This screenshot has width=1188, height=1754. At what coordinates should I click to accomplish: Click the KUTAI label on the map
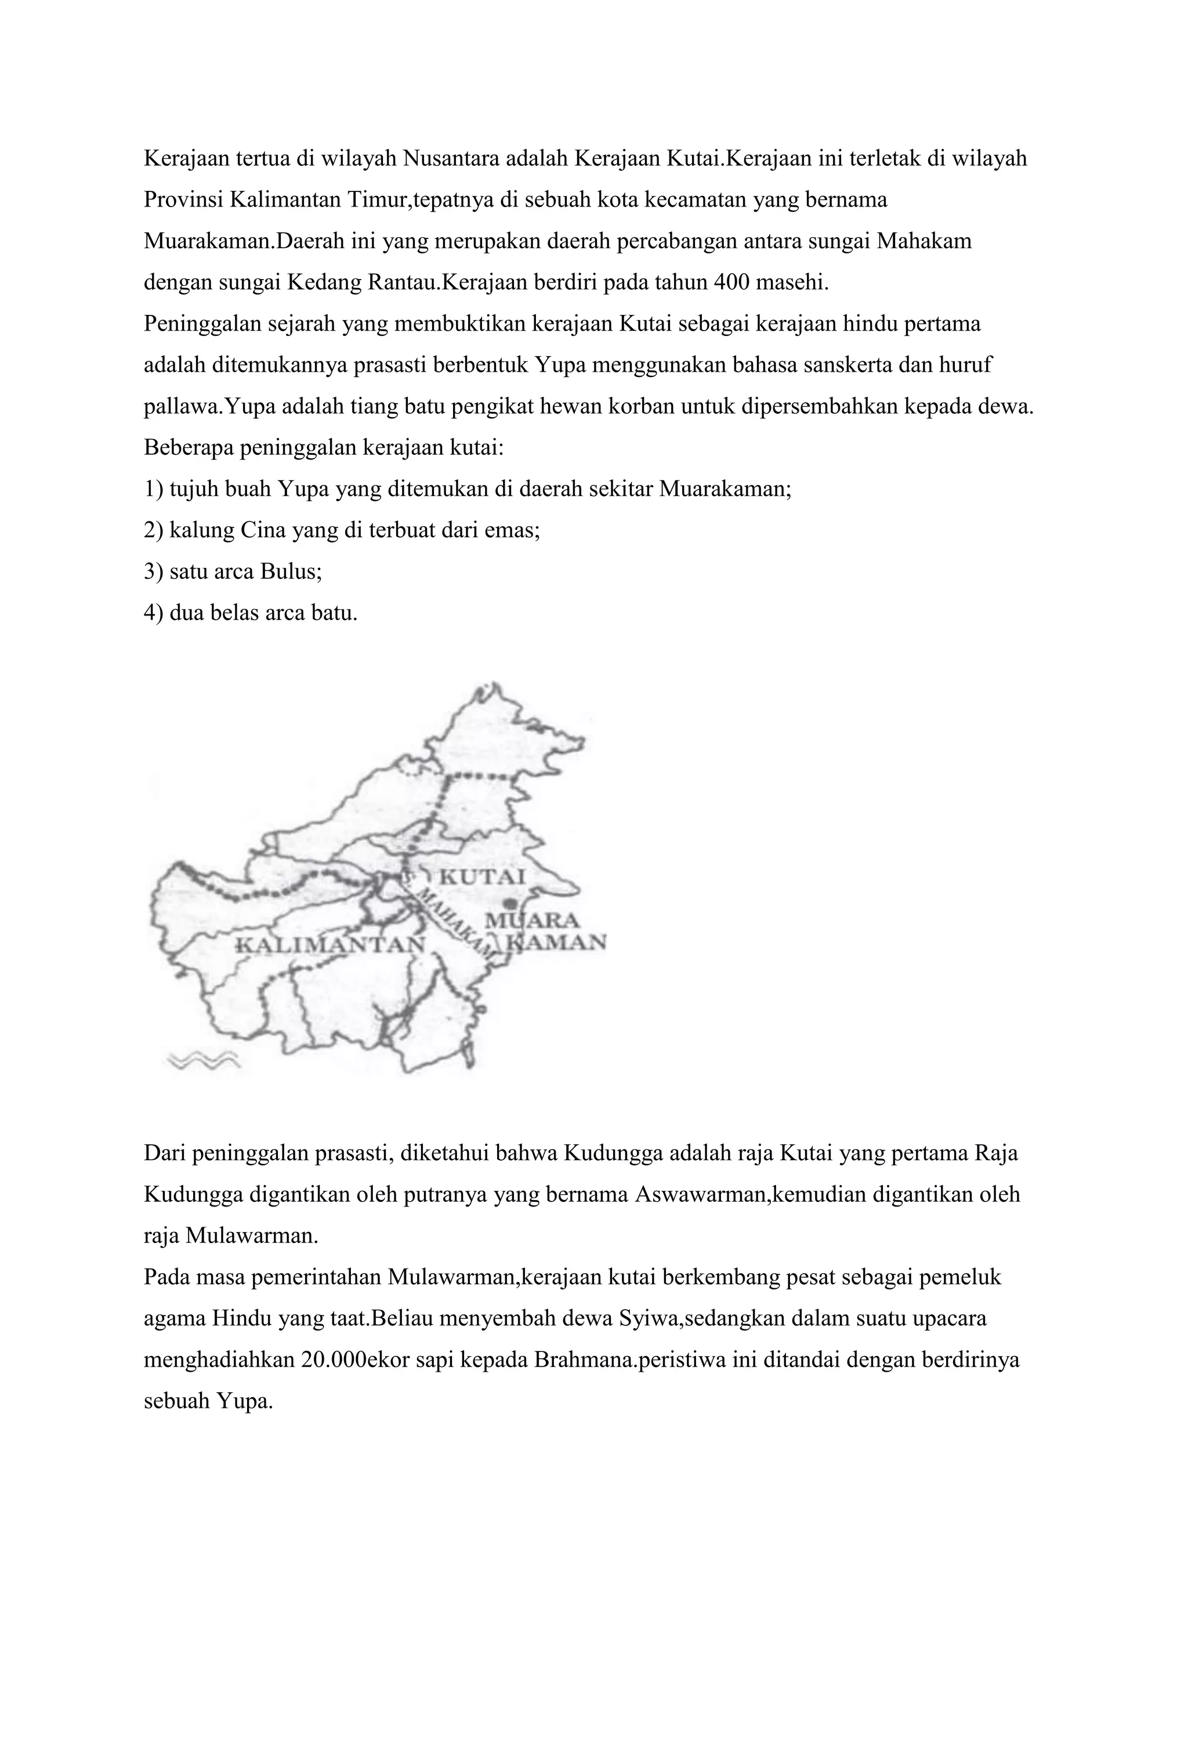(481, 877)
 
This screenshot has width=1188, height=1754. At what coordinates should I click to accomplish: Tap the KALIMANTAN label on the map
(331, 944)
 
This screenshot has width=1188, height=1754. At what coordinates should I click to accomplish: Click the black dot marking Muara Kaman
(512, 902)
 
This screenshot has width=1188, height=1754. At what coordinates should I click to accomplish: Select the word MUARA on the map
(531, 921)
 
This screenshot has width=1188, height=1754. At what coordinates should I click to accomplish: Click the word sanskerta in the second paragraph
(814, 364)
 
